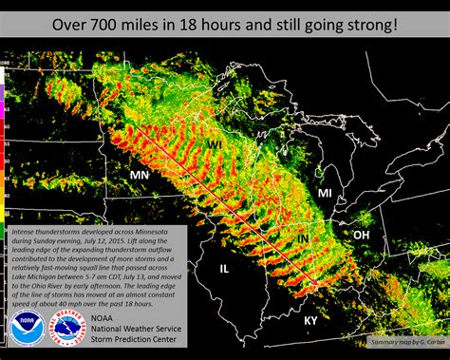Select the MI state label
coord(325,193)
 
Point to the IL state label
coord(225,269)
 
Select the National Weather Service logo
coord(66,333)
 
